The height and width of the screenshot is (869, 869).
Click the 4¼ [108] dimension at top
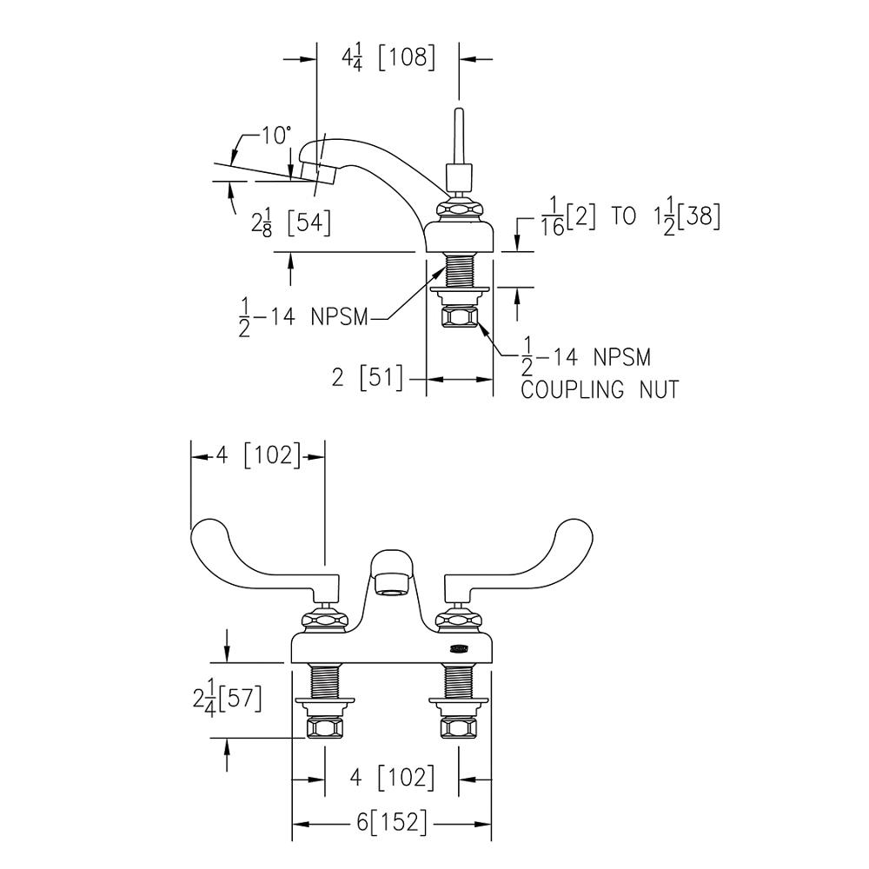tap(388, 59)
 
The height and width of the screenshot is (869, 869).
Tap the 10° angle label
tap(275, 136)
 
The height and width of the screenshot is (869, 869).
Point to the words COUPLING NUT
tap(599, 389)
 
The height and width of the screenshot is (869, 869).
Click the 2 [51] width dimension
tap(367, 379)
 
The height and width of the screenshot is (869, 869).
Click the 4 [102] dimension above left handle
tap(257, 455)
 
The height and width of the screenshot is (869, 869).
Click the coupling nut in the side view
tap(460, 317)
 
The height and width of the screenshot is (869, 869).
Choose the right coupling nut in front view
tap(460, 726)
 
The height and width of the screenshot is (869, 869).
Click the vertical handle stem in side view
tap(459, 139)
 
